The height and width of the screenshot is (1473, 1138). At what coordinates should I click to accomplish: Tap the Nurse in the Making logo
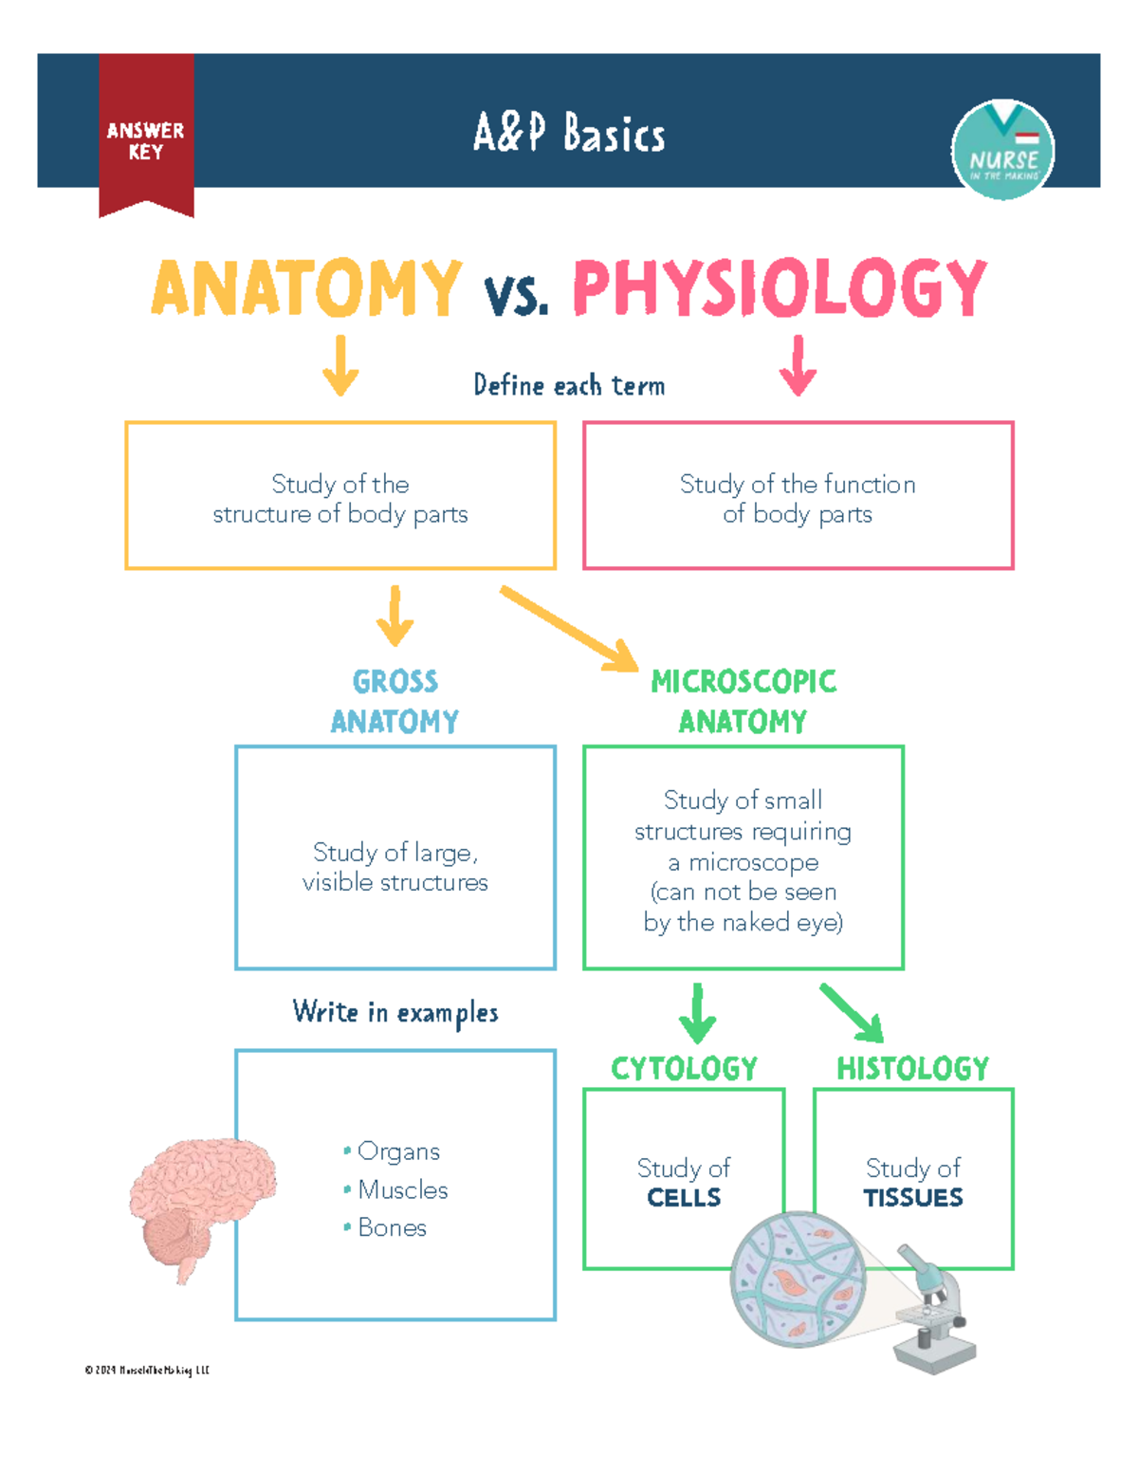(1002, 150)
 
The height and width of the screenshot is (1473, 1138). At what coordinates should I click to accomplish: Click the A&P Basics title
(569, 134)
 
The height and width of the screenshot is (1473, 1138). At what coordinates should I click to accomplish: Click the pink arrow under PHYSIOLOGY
(798, 365)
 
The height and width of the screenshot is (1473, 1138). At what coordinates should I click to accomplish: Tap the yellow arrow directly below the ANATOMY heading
(340, 365)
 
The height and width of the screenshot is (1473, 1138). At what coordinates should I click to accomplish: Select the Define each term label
(569, 385)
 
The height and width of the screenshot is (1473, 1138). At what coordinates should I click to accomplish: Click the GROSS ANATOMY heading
(395, 701)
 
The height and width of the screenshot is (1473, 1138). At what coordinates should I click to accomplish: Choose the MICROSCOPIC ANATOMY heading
(743, 701)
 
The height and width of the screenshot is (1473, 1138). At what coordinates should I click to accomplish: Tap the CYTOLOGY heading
(684, 1069)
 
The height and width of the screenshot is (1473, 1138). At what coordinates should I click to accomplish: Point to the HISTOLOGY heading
(912, 1069)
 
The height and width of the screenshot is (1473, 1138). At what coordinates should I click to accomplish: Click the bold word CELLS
(684, 1198)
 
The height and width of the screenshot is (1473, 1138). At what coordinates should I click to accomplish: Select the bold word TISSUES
(913, 1198)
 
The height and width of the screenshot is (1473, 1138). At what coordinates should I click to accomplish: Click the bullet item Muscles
(402, 1189)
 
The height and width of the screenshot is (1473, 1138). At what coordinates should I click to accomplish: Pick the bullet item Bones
(392, 1227)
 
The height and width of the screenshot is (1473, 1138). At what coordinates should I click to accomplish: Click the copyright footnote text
(147, 1370)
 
